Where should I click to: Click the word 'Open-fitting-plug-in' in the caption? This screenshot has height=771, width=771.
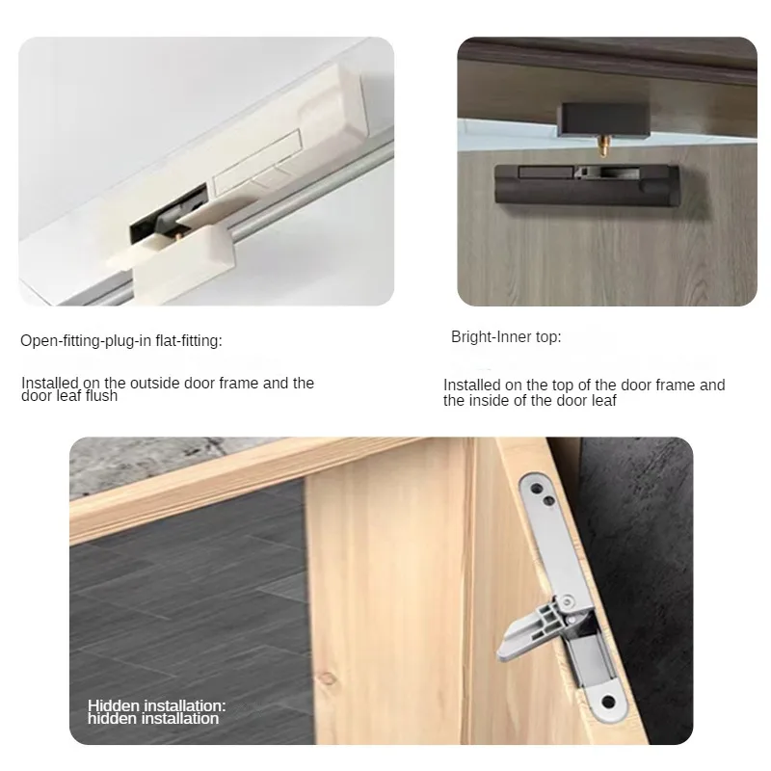86,340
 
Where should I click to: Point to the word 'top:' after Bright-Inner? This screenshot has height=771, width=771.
546,337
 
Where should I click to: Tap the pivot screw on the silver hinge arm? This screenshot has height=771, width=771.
571,603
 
